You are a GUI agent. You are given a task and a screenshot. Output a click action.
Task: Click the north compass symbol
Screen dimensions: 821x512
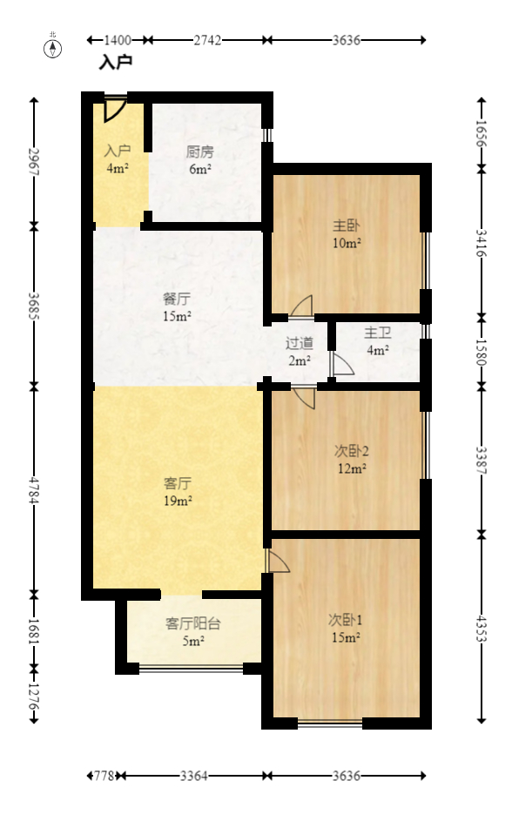pos(53,48)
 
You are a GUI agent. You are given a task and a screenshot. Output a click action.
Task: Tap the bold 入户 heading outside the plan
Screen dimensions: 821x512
pos(115,63)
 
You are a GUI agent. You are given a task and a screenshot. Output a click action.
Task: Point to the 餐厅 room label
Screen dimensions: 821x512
pos(177,299)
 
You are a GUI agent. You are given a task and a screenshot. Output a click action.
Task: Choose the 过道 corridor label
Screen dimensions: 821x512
pos(299,343)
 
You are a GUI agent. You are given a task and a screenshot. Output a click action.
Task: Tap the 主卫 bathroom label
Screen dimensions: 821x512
pos(377,333)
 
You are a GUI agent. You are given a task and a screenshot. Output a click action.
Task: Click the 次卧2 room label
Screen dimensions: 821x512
pos(352,451)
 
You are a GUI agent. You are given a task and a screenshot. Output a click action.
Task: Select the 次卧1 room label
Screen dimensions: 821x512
pos(345,620)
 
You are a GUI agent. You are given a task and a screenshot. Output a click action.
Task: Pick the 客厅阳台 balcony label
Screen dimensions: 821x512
pos(192,623)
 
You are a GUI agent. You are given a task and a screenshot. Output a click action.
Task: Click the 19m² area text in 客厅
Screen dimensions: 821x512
pos(178,501)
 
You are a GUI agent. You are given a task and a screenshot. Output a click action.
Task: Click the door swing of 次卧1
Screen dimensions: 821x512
pos(279,561)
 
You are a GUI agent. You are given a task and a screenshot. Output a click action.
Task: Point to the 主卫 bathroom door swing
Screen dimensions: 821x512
pos(340,364)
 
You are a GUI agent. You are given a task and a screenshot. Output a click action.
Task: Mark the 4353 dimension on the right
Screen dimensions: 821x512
pos(481,626)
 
